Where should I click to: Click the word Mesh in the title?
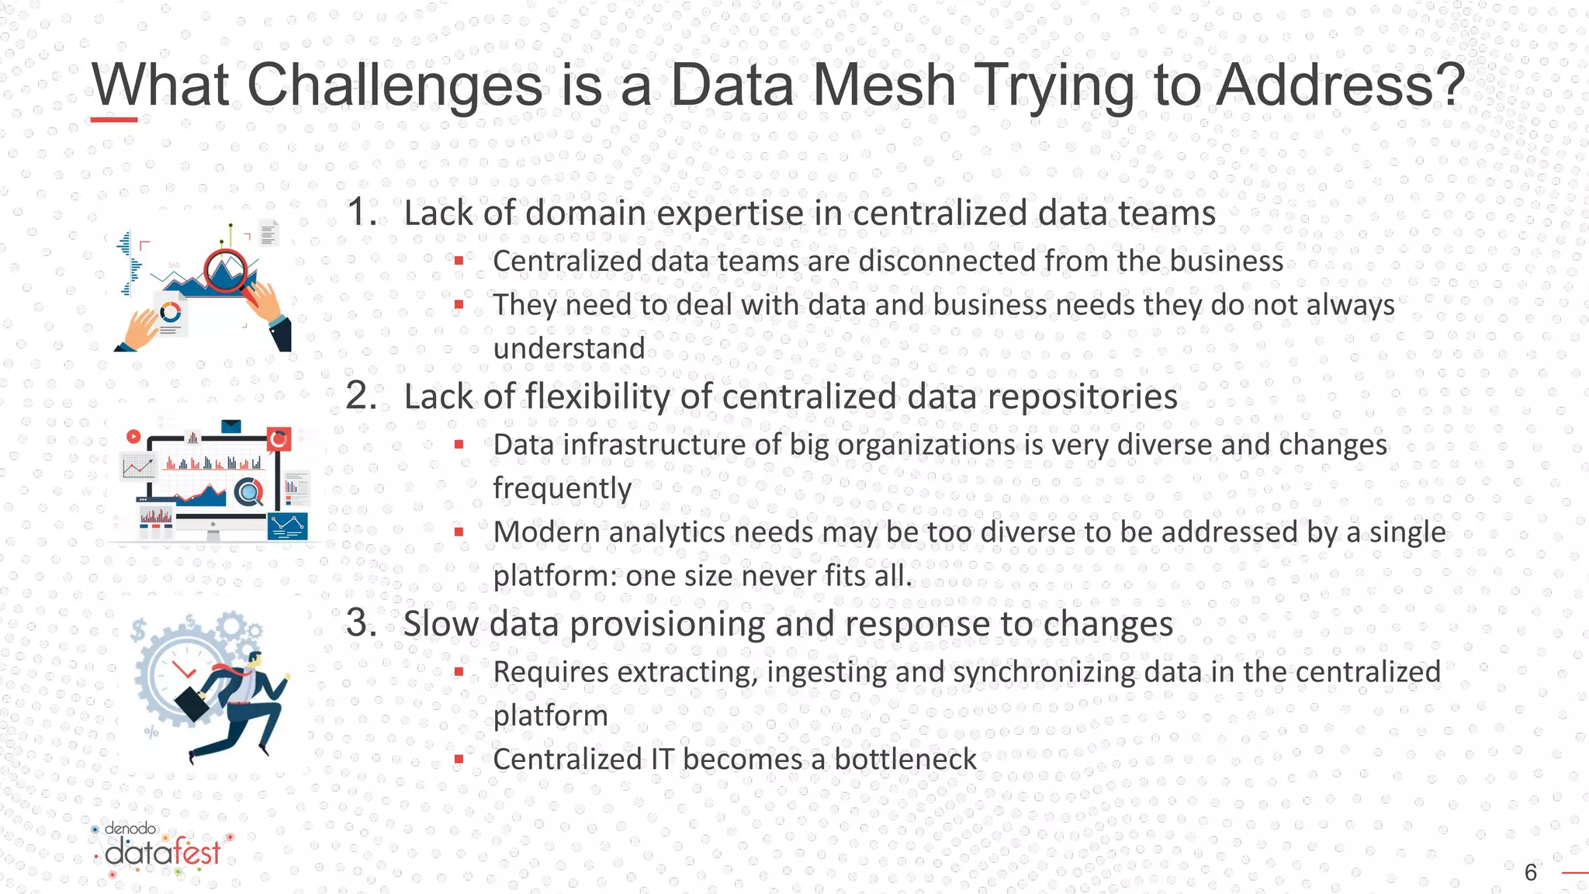pos(885,85)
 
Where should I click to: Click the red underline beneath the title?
pos(114,120)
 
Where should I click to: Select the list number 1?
pos(361,212)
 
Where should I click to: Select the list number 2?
pos(361,396)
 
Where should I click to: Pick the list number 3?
pos(361,622)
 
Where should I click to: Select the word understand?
pos(569,348)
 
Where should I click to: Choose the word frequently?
pos(562,489)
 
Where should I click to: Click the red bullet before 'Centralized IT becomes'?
pos(459,759)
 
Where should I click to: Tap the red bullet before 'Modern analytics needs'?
pos(459,532)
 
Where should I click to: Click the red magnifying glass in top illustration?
pos(228,272)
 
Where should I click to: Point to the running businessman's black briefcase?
pos(191,702)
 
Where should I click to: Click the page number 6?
pos(1530,872)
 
